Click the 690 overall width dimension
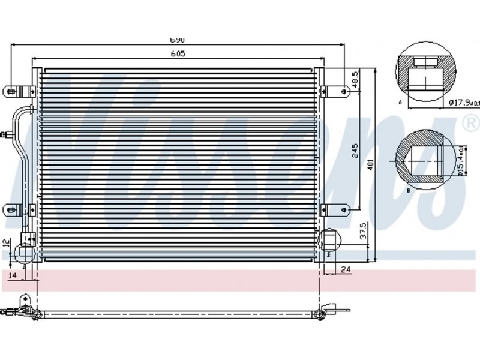point(176,40)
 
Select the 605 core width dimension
point(177,54)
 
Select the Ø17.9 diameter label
point(463,103)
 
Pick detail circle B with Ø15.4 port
point(424,158)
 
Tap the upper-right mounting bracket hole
point(344,92)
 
